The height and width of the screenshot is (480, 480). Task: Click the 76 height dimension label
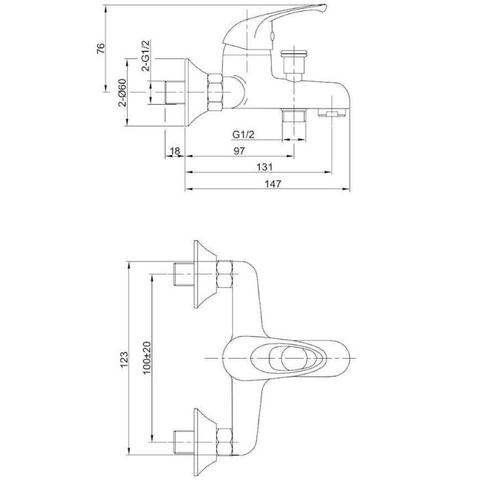pyautogui.click(x=101, y=49)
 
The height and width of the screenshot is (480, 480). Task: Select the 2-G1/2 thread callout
pyautogui.click(x=145, y=56)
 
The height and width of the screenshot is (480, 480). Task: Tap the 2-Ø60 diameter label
pyautogui.click(x=123, y=93)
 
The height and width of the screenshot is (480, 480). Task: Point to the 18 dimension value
pyautogui.click(x=175, y=151)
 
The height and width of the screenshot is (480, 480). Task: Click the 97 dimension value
pyautogui.click(x=239, y=151)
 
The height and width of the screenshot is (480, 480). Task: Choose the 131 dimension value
pyautogui.click(x=264, y=167)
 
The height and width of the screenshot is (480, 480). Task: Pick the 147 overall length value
pyautogui.click(x=273, y=184)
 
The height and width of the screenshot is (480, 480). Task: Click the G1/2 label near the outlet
pyautogui.click(x=243, y=134)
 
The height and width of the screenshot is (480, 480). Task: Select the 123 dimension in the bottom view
pyautogui.click(x=124, y=359)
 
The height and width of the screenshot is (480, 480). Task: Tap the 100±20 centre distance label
pyautogui.click(x=147, y=357)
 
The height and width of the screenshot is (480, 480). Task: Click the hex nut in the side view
pyautogui.click(x=215, y=92)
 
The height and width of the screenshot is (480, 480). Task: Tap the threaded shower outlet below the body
pyautogui.click(x=294, y=116)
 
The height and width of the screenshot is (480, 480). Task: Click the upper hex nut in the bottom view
pyautogui.click(x=224, y=274)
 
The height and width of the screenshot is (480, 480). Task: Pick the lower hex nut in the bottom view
pyautogui.click(x=224, y=442)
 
